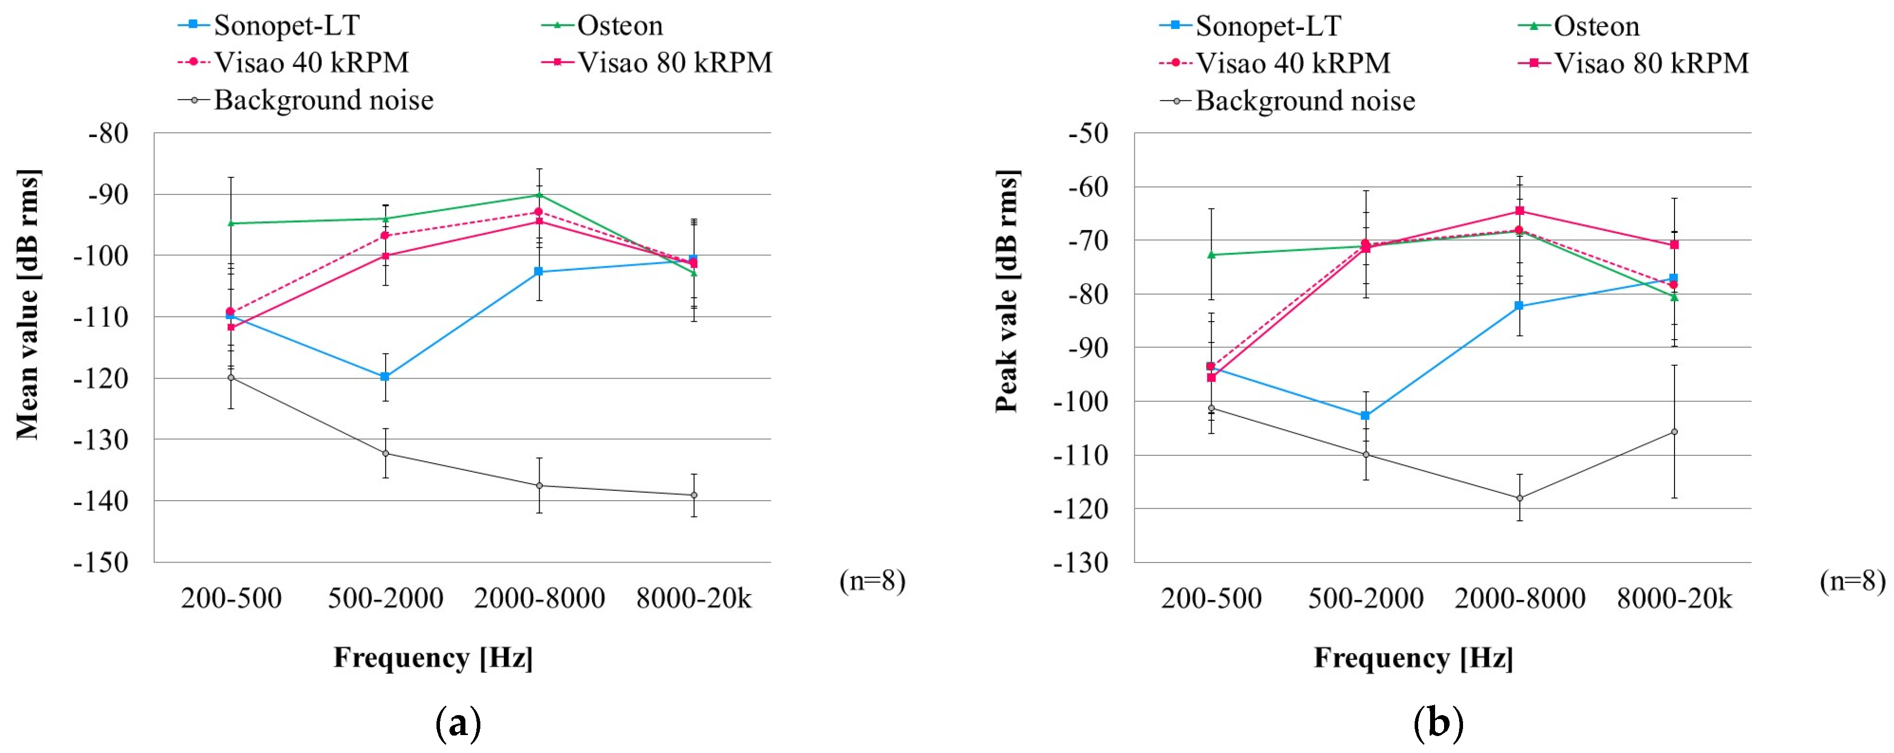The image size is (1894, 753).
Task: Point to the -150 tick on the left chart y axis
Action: (x=101, y=563)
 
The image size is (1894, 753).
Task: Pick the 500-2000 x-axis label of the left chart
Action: (x=385, y=598)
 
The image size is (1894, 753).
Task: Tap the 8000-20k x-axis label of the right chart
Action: (x=1674, y=598)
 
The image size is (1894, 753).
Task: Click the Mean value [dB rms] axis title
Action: (x=28, y=304)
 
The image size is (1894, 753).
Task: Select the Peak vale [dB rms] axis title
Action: (x=1007, y=291)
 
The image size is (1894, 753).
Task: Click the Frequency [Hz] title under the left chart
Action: (x=433, y=657)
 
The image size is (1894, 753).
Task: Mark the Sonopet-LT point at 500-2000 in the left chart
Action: (x=385, y=376)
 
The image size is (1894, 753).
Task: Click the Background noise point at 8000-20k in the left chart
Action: (x=693, y=495)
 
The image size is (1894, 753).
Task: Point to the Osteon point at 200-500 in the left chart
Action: (x=231, y=223)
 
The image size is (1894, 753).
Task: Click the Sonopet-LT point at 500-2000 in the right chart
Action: (x=1365, y=415)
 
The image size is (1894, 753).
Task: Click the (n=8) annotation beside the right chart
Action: (x=1852, y=581)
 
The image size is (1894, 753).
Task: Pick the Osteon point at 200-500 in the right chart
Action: (x=1211, y=254)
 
